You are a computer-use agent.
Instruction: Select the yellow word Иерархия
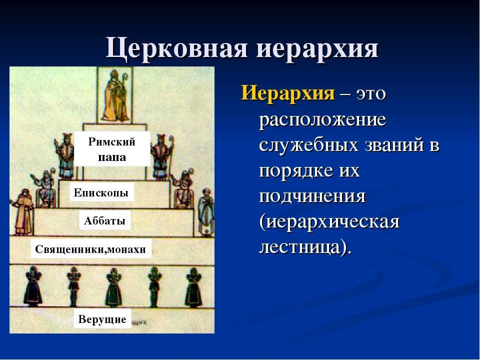tap(288, 92)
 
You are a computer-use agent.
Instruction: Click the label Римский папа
tap(112, 149)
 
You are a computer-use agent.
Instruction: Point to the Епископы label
tap(101, 192)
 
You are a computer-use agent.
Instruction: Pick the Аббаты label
tap(104, 220)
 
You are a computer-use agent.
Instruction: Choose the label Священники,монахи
tap(90, 249)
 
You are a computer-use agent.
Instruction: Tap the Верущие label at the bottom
tap(102, 319)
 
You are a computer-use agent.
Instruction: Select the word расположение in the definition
tap(322, 119)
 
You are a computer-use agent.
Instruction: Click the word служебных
tap(308, 144)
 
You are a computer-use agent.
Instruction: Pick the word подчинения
tap(312, 196)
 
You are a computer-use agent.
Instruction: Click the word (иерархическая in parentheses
tap(329, 221)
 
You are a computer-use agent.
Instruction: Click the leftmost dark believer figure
tap(33, 286)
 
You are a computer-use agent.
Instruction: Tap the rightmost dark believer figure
tap(193, 287)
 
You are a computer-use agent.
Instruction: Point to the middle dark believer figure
tap(114, 287)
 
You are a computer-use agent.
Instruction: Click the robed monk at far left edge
tap(23, 212)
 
